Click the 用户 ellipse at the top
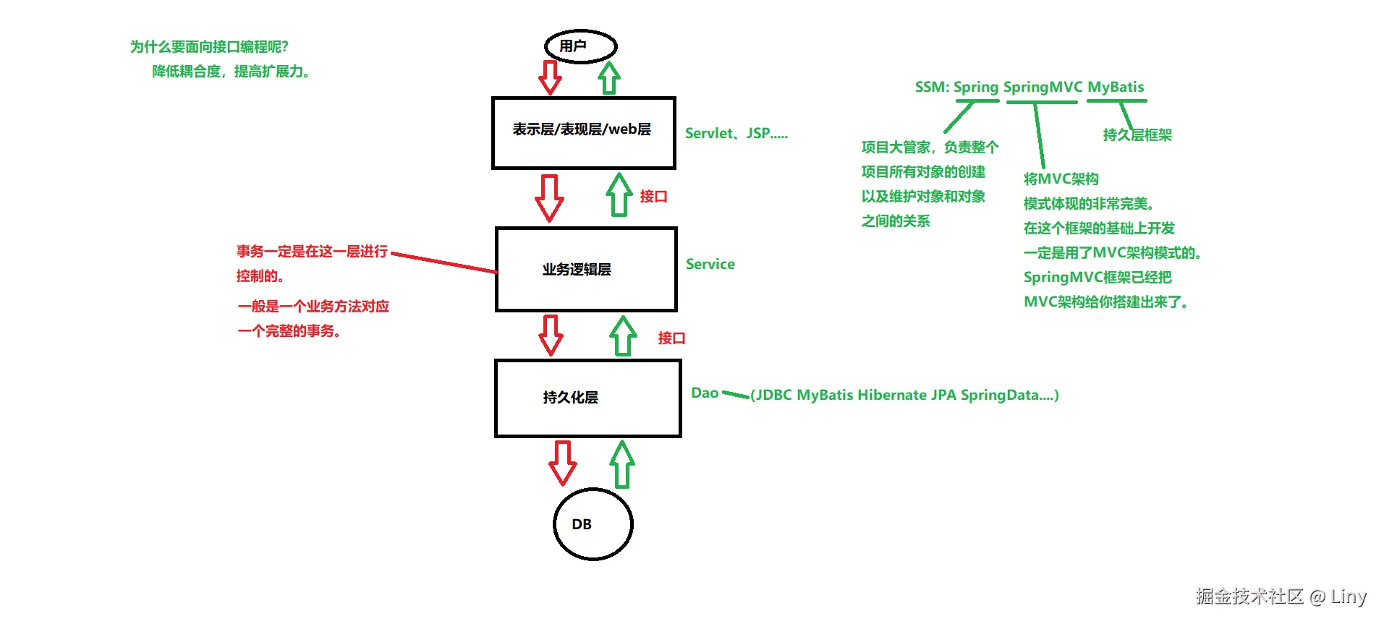point(580,46)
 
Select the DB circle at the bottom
point(593,524)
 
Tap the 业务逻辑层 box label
point(577,270)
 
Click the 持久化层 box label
point(570,398)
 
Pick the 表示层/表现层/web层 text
point(582,129)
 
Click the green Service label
point(710,265)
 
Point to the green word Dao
point(705,393)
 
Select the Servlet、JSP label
point(736,134)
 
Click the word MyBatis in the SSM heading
point(1116,87)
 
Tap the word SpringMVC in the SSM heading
point(1043,87)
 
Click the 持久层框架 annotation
point(1137,135)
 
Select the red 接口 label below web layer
point(653,197)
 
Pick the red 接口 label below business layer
point(671,338)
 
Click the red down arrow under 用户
point(550,77)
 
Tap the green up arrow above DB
point(622,464)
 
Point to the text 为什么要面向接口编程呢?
point(209,47)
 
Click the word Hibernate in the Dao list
point(891,396)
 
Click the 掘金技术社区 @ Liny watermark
point(1281,597)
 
